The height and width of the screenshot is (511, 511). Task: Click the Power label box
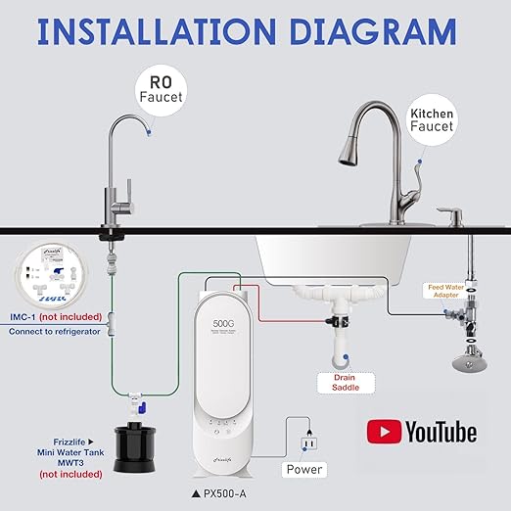coord(303,469)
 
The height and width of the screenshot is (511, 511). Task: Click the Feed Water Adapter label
coord(451,291)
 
